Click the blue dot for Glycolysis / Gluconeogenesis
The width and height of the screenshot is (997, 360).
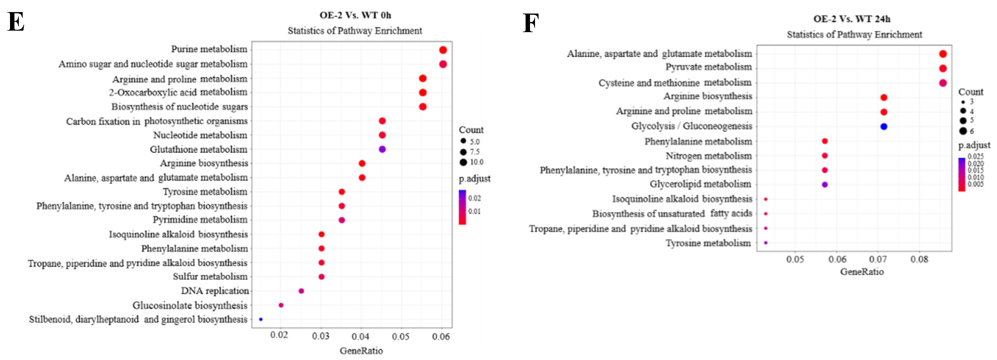point(884,127)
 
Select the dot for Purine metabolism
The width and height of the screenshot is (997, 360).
point(443,50)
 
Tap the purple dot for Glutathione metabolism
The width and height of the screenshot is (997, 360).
point(382,149)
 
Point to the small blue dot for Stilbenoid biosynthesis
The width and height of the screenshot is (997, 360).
point(261,319)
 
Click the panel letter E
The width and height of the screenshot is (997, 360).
point(16,22)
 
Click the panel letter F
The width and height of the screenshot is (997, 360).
point(531,23)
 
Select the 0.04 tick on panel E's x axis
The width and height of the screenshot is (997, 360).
point(361,336)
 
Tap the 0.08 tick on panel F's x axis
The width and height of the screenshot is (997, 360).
point(919,259)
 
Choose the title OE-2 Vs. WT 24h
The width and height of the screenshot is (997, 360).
point(852,19)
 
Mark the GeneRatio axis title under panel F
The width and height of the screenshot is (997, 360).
point(862,272)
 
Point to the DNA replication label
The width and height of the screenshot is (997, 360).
point(215,291)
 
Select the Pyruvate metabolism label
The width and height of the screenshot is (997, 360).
point(708,67)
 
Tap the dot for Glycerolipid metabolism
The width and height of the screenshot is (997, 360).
point(825,185)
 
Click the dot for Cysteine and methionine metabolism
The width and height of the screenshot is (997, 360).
point(943,83)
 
